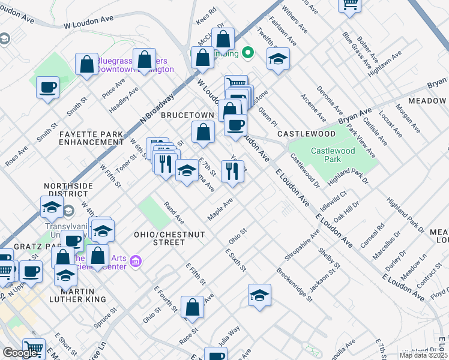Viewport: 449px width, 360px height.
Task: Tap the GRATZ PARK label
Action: click(x=17, y=247)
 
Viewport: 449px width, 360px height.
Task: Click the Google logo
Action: click(x=20, y=353)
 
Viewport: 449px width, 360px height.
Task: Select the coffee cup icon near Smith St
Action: click(x=47, y=88)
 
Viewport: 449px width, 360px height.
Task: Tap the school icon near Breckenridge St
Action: click(x=259, y=295)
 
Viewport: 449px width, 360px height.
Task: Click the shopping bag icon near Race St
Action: click(x=192, y=307)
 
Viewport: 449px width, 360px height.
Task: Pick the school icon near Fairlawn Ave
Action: click(x=277, y=59)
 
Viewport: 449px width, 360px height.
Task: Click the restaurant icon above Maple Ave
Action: click(x=232, y=171)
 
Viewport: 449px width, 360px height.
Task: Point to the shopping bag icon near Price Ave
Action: click(x=86, y=65)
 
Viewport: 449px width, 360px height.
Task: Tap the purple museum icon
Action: click(x=136, y=262)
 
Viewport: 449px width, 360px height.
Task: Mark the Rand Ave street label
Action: click(x=173, y=210)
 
